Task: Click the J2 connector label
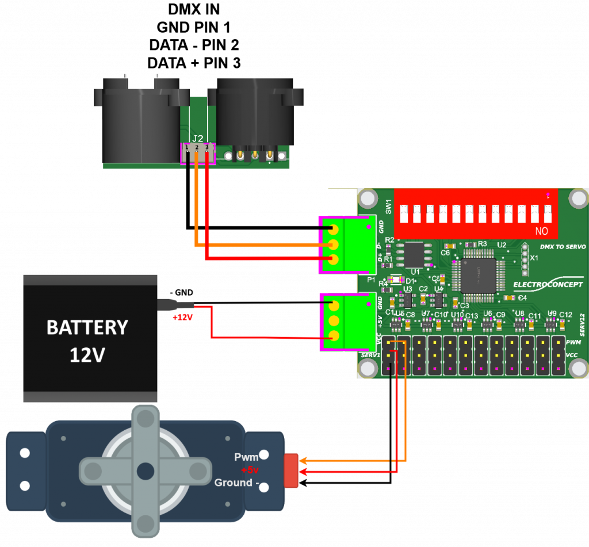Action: click(x=197, y=138)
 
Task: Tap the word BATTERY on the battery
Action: click(x=87, y=327)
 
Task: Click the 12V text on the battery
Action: click(x=87, y=355)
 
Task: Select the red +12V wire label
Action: click(x=183, y=317)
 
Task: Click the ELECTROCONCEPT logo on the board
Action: click(x=547, y=285)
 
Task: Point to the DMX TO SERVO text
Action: click(x=563, y=247)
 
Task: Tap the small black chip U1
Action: click(x=414, y=254)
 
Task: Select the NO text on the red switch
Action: click(x=541, y=231)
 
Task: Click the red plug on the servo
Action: click(x=292, y=470)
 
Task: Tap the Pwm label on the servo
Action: click(x=246, y=457)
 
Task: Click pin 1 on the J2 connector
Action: click(x=188, y=149)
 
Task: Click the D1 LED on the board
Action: click(x=397, y=281)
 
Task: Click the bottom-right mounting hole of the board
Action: click(x=578, y=368)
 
